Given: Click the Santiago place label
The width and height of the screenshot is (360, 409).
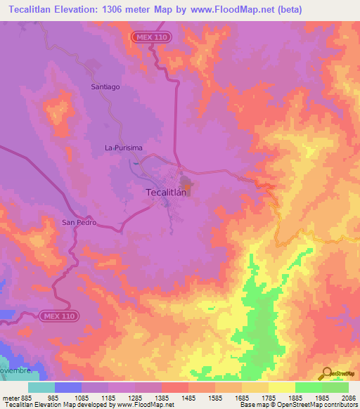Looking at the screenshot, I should coord(106,86).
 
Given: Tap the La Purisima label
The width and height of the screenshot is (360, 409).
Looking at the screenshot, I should coord(124,148).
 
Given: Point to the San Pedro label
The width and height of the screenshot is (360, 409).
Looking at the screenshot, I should coord(78,223).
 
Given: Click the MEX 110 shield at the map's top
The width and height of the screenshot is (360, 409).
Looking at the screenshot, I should coord(150,36).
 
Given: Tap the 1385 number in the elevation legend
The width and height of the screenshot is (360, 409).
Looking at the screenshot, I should coord(162,397).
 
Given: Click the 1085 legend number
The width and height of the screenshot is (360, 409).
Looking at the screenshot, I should coord(82,397).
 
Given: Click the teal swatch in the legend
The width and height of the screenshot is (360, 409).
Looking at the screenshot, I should coord(41,387).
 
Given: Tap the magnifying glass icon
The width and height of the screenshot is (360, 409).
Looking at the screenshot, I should coord(327,375).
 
